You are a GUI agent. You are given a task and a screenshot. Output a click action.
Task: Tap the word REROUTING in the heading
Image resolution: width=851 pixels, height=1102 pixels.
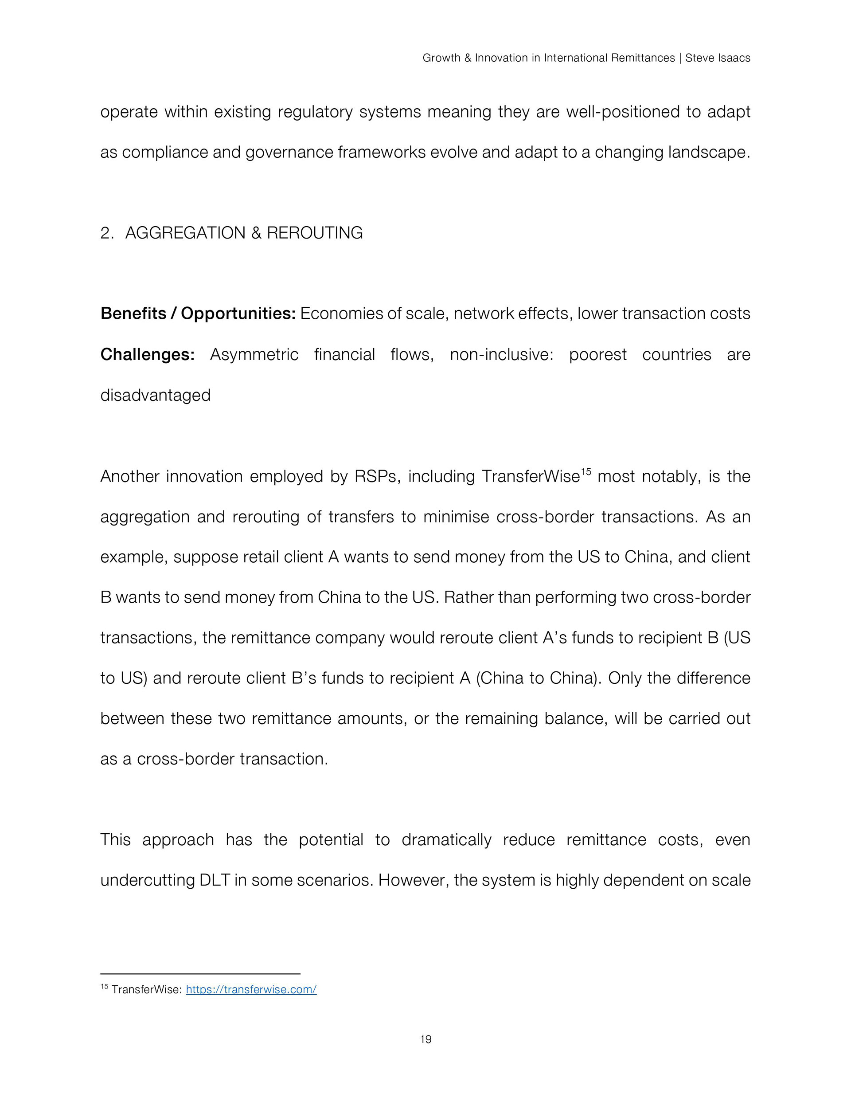coord(314,233)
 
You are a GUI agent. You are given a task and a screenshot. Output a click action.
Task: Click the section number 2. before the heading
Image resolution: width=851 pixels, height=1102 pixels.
coord(107,233)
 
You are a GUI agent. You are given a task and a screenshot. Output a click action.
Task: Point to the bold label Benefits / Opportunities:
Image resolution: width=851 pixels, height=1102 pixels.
coord(198,314)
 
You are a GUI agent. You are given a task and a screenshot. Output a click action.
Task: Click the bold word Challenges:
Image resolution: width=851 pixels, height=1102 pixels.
coord(147,355)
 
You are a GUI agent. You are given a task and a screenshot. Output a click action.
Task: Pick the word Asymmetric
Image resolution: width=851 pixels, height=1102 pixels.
coord(254,355)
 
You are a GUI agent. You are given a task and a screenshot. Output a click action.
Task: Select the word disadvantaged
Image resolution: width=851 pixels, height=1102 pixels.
coord(156,395)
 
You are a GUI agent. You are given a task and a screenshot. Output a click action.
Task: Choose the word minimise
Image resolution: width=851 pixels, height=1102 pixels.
coord(456,517)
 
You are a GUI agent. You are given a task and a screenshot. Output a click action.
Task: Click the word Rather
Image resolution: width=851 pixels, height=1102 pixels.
coord(468,597)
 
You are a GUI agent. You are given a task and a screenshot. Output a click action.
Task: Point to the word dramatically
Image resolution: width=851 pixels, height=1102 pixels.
coord(446,839)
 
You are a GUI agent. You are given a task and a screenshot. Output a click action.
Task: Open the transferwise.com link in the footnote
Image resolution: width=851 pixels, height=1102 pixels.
coord(251,989)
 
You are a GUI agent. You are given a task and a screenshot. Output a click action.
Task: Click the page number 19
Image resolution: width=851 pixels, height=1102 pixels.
coord(425,1039)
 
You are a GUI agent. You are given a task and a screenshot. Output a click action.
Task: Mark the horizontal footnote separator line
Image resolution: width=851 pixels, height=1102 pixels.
coord(200,974)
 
